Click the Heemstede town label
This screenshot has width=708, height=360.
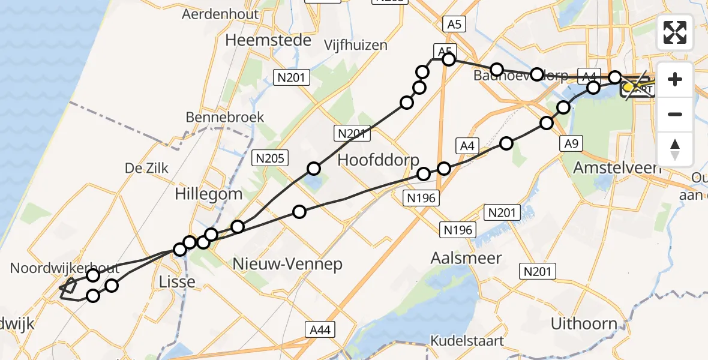point(268,40)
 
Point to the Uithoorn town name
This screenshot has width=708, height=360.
point(584,324)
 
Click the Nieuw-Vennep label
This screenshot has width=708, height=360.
point(287,263)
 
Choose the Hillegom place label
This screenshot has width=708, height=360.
point(209,194)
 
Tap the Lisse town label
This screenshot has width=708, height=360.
point(178,281)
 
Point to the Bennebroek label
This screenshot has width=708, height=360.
point(225,117)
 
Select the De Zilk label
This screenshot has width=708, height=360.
point(146,169)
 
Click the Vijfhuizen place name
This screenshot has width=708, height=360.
point(356,45)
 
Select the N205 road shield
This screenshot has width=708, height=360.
point(271,158)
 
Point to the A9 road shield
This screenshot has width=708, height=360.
point(570,144)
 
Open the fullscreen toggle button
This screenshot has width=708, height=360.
point(675,32)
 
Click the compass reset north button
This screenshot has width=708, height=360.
point(675,149)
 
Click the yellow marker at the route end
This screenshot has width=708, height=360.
point(629,88)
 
